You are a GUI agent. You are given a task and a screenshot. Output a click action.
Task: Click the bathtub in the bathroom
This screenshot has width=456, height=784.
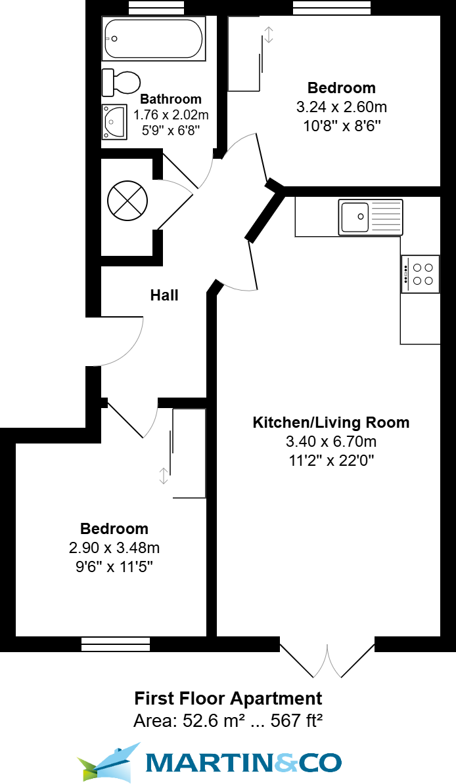point(153,39)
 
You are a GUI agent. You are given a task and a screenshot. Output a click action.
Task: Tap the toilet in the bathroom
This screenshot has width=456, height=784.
point(121,82)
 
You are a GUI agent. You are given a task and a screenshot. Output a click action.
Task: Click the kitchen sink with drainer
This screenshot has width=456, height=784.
point(371,217)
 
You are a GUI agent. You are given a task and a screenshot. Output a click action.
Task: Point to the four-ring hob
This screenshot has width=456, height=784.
point(421,274)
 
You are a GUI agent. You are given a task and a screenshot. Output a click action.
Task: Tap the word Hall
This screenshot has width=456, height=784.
point(164,295)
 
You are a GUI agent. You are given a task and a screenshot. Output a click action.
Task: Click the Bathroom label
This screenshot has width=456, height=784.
point(171,99)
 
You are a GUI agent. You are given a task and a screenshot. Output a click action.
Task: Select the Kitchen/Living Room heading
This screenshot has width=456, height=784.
point(331,423)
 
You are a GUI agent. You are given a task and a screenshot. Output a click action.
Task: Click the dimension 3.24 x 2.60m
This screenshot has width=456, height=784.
point(342,107)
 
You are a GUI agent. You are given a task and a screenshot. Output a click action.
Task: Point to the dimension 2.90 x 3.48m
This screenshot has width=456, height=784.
point(114,548)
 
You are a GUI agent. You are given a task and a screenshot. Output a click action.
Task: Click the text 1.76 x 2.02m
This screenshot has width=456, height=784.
point(171,115)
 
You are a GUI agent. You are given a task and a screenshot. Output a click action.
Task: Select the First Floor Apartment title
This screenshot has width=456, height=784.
point(228,698)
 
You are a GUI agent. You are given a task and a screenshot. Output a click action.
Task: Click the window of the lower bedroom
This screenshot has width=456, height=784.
point(116,644)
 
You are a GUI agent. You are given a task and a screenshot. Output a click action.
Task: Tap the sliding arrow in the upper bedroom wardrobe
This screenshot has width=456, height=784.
point(269,35)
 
